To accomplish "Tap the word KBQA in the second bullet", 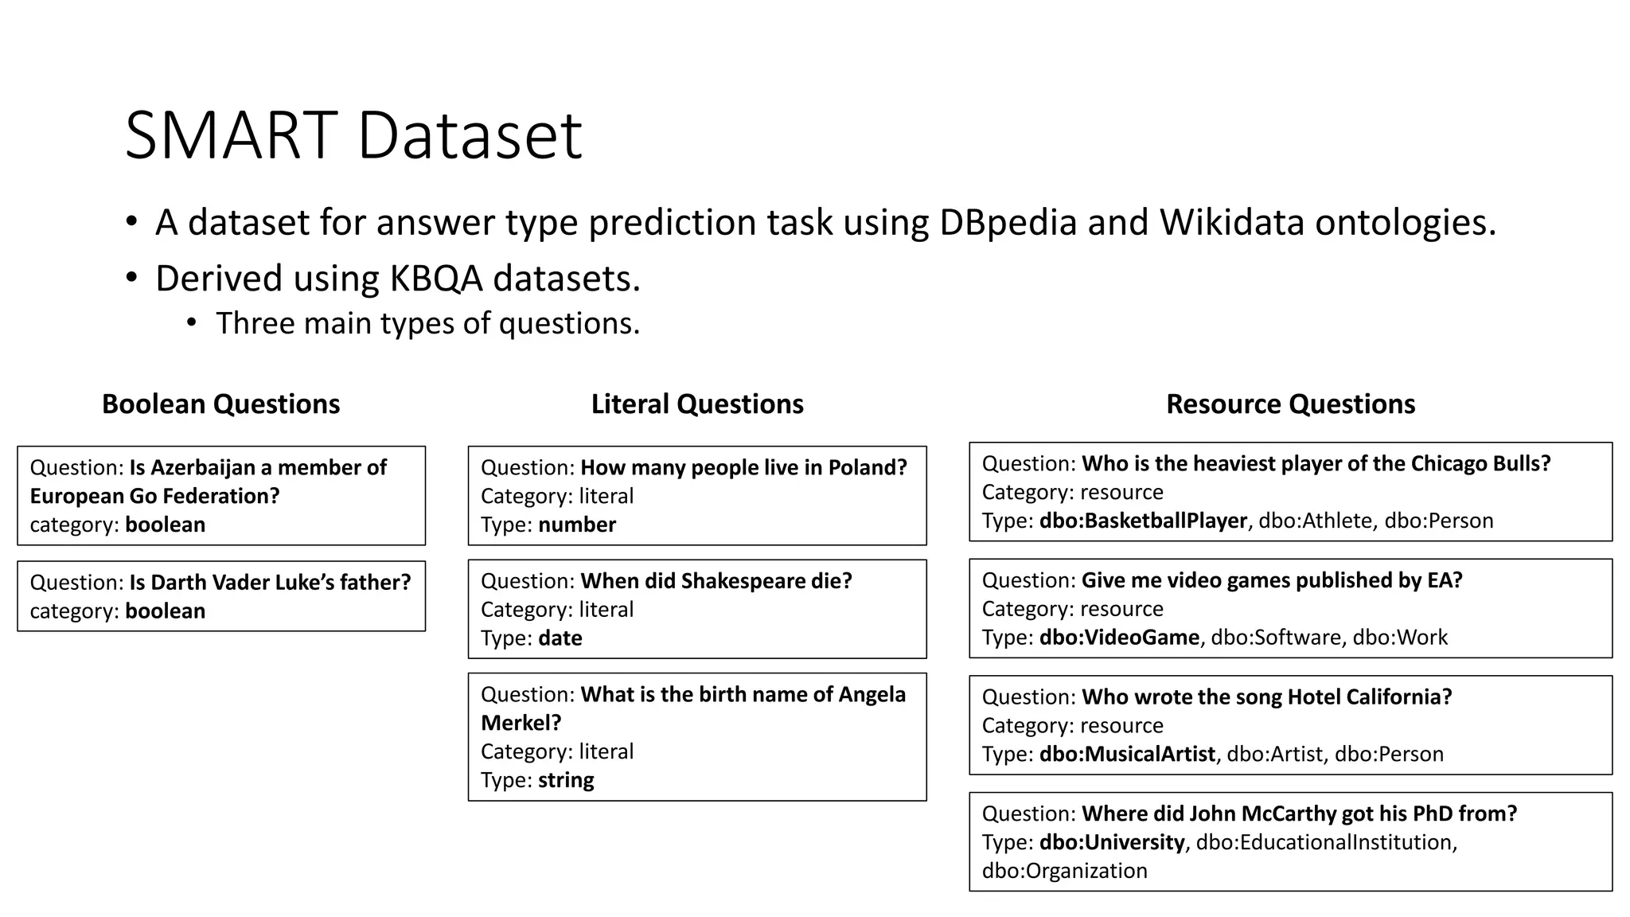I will click(x=435, y=279).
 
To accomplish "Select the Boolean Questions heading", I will click(x=220, y=404).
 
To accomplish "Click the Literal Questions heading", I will click(x=697, y=404).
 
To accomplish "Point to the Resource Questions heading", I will click(x=1290, y=404).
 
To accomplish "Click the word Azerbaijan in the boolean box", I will click(x=202, y=467).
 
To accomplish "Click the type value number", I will click(x=577, y=525).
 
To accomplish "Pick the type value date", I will click(x=560, y=638).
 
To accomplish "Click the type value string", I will click(x=566, y=780).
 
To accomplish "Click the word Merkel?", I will click(x=521, y=723).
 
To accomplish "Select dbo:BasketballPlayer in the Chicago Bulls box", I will click(x=1143, y=521).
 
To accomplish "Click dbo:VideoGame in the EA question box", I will click(x=1119, y=638).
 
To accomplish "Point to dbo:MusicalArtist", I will click(x=1127, y=754).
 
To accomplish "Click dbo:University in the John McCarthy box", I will click(x=1112, y=842).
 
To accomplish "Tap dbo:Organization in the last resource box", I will click(x=1064, y=871).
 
